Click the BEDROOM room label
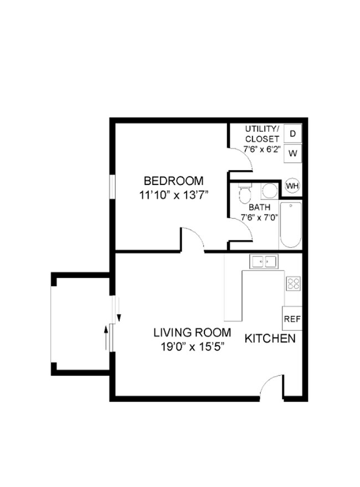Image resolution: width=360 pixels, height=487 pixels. (x=173, y=181)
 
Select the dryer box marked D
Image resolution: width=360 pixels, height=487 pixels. (x=292, y=134)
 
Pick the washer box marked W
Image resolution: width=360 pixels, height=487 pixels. (x=292, y=153)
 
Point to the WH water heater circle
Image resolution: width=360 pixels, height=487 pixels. (x=292, y=186)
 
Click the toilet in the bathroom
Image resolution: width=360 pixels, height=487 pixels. (x=245, y=193)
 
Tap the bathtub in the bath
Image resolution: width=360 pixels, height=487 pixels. (x=290, y=225)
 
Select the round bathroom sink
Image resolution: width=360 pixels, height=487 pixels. (x=270, y=191)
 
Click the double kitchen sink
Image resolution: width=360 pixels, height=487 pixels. (x=263, y=261)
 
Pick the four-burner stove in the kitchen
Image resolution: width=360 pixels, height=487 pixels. (x=293, y=284)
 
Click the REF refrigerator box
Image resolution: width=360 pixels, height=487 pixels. (x=292, y=319)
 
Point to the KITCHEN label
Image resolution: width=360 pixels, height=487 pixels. (x=270, y=339)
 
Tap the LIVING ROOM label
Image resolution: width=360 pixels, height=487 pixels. (x=192, y=333)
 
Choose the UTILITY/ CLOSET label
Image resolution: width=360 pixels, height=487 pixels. (x=262, y=134)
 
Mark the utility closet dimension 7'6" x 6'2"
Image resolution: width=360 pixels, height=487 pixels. (x=262, y=149)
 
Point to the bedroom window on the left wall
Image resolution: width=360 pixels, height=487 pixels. (x=112, y=186)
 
